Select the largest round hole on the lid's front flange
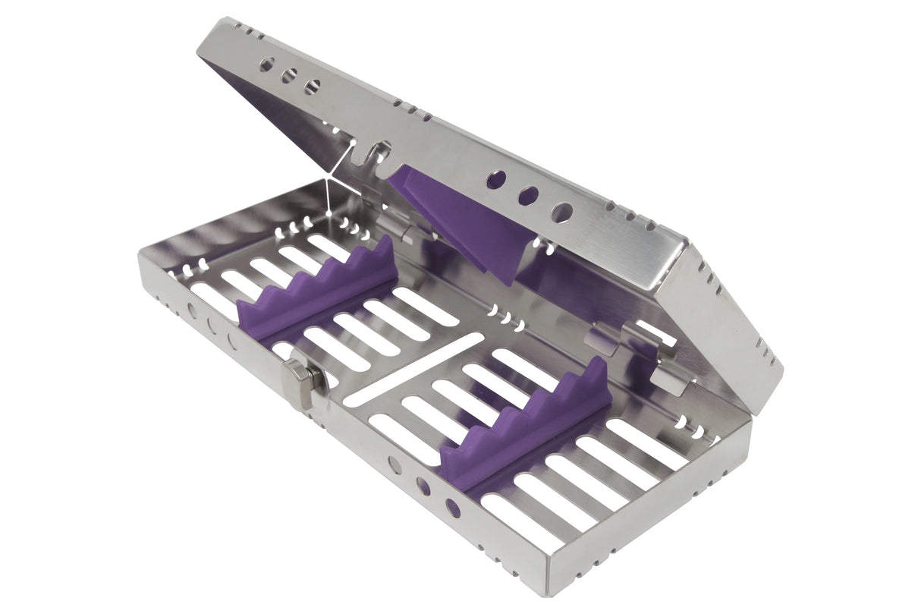(x=561, y=213)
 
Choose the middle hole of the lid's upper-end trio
(x=289, y=76)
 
